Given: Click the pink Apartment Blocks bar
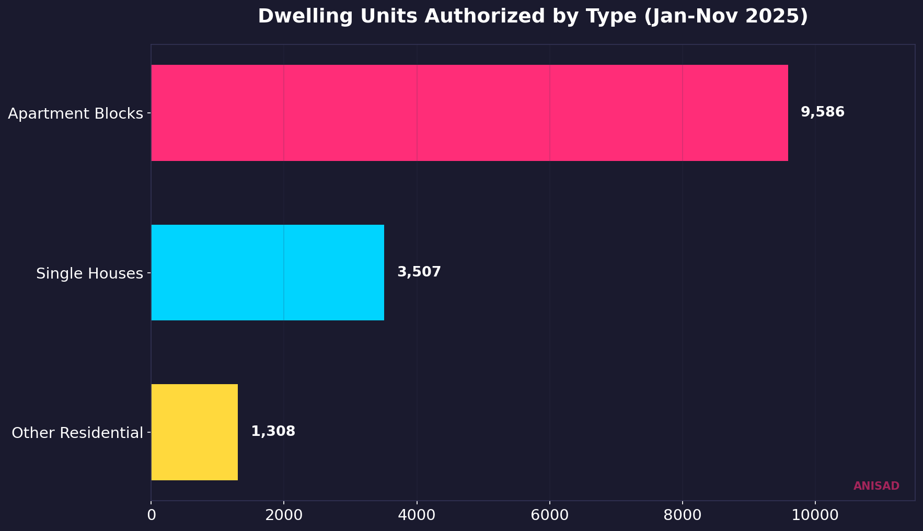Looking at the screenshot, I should pos(469,113).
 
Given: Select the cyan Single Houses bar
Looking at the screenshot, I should pos(268,273).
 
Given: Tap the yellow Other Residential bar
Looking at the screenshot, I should pos(194,432).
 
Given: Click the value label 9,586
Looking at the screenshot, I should pos(822,112).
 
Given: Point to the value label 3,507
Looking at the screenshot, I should pos(419,272).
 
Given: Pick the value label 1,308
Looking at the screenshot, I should pos(273,432).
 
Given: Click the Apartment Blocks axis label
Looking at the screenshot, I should pos(75,113).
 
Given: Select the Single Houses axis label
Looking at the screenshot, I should pos(89,273).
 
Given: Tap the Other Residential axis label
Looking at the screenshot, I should pos(77,433).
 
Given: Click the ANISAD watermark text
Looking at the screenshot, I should pos(876,486).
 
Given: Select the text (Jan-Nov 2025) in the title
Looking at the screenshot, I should pos(726,17).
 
